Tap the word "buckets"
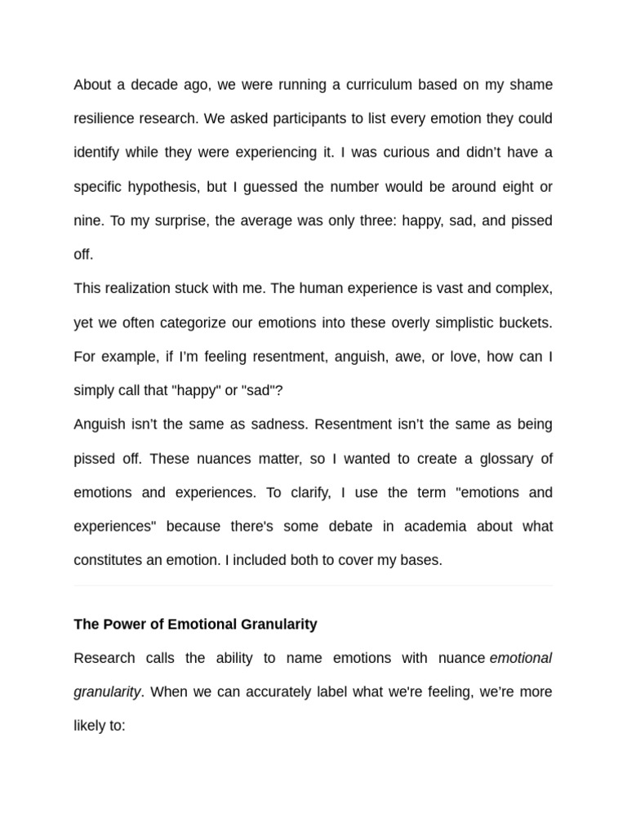click(524, 322)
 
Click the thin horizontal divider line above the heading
click(313, 585)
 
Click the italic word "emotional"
click(521, 658)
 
